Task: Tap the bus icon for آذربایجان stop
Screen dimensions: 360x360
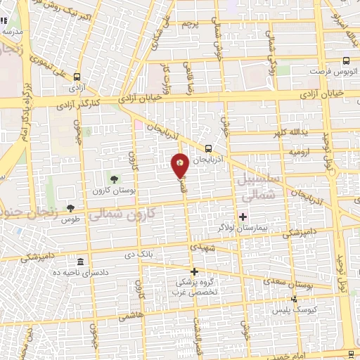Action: pos(209,148)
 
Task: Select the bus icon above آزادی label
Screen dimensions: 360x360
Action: pos(77,77)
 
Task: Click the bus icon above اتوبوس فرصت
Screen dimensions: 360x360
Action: pos(345,62)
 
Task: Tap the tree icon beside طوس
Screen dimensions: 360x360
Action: pos(70,207)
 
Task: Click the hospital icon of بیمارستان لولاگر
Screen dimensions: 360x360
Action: pos(244,217)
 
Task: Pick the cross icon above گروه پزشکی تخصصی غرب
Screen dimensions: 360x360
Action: pos(194,271)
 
